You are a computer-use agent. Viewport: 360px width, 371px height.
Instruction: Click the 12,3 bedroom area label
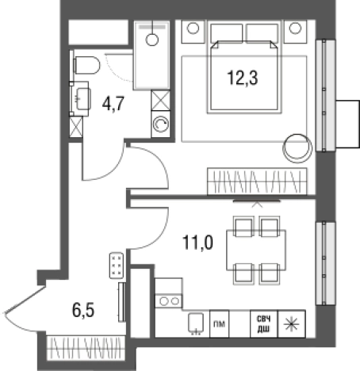tap(242, 78)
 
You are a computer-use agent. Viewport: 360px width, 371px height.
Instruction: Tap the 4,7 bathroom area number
tap(113, 104)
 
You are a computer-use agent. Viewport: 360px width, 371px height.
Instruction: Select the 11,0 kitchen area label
tap(197, 243)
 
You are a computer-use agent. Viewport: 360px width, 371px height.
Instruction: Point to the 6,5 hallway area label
tap(83, 310)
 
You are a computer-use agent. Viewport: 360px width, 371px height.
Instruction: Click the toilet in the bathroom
tap(86, 65)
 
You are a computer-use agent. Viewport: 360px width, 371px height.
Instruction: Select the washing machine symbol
tap(161, 124)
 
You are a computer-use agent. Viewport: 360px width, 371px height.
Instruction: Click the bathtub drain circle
tap(152, 40)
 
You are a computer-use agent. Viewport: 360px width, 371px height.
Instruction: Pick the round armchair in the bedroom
tap(297, 148)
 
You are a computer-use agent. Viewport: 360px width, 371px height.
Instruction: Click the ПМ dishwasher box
tap(219, 324)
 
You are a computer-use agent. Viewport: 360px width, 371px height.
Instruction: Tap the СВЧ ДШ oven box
tap(264, 324)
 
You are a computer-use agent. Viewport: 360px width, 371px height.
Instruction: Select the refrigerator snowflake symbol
tap(291, 324)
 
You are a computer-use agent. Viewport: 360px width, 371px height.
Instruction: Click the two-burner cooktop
tap(168, 301)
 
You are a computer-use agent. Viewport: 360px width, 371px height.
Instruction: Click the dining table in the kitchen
tap(256, 251)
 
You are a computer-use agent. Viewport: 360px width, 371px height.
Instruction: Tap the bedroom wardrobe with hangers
tap(257, 182)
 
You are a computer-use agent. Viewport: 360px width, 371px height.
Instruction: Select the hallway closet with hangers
tap(86, 348)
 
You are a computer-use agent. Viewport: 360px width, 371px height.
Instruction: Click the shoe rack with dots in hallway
tap(117, 266)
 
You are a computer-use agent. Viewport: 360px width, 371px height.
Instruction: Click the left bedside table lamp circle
tap(193, 28)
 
